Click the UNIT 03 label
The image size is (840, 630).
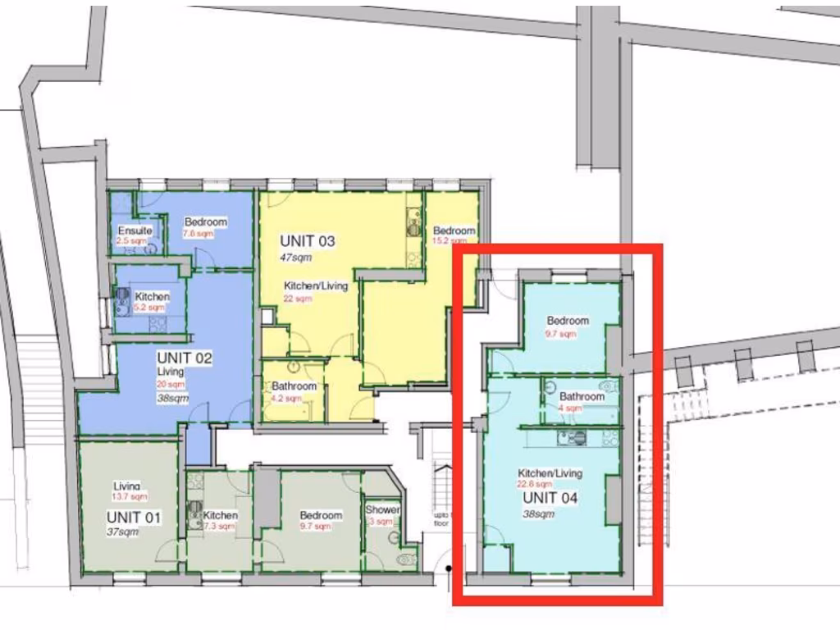tap(308, 241)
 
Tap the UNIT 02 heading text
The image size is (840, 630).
tap(185, 358)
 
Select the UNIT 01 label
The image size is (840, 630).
tap(134, 518)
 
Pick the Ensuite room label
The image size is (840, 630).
tap(135, 231)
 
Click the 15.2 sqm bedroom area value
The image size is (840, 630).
tap(450, 242)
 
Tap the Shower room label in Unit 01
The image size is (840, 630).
tap(382, 510)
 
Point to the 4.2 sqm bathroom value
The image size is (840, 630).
tap(288, 399)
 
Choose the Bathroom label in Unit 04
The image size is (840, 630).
tap(582, 396)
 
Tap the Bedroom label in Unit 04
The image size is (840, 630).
tap(568, 321)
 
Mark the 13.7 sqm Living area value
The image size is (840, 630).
tap(129, 497)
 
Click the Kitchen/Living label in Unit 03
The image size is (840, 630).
tap(316, 286)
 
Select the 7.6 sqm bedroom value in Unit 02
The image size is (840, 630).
tap(199, 234)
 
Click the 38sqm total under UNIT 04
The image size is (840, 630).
tap(538, 514)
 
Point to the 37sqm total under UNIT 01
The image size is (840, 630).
tap(121, 532)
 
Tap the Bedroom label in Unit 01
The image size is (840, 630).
tap(321, 515)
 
